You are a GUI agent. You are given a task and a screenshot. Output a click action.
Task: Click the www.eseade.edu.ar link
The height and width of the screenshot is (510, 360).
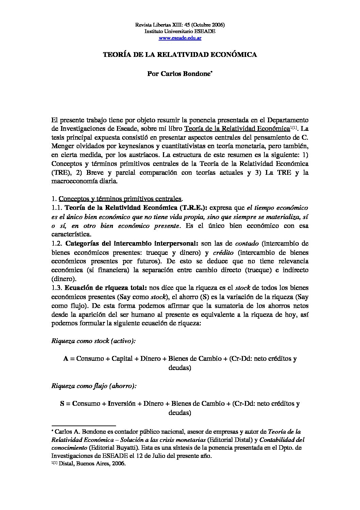point(180,38)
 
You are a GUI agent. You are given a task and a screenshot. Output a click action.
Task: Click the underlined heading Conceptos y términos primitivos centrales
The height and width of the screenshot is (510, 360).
point(120,199)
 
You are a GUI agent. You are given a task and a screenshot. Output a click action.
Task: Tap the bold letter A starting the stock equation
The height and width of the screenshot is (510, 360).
point(66,359)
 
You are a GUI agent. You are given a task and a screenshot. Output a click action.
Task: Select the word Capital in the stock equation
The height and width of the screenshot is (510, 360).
point(122,359)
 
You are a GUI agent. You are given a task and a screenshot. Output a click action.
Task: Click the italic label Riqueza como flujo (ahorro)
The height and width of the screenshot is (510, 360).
point(94,386)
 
